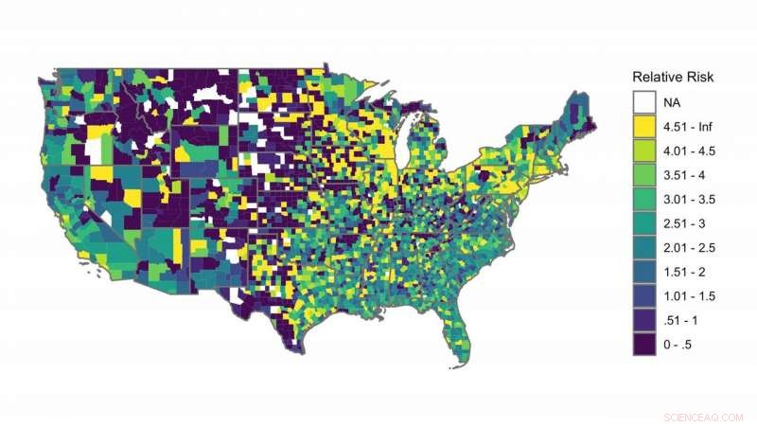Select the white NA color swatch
tap(644, 101)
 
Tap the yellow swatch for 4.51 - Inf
tap(644, 126)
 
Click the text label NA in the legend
tap(672, 101)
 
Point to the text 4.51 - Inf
tap(688, 126)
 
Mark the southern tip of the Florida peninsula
tap(463, 364)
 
